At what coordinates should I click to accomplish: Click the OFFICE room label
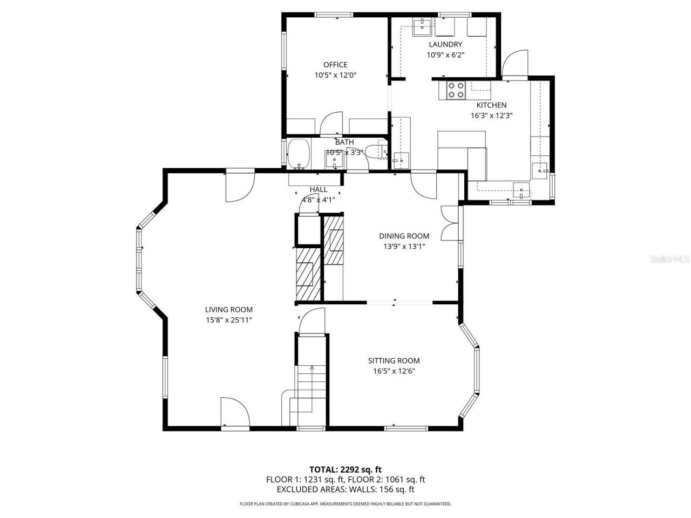[x=335, y=65]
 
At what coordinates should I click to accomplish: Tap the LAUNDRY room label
[x=445, y=44]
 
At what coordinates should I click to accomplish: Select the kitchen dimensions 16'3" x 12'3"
[x=491, y=115]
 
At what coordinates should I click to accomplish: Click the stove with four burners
[x=455, y=90]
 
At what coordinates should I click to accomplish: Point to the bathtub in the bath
[x=298, y=153]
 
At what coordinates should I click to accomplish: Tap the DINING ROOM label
[x=404, y=236]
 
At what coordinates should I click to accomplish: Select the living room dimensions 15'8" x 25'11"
[x=228, y=320]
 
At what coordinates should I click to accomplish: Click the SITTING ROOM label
[x=394, y=360]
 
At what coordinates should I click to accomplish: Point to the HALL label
[x=319, y=189]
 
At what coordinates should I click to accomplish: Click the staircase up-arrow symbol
[x=312, y=367]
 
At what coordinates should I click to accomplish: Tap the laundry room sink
[x=422, y=25]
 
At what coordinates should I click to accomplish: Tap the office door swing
[x=331, y=124]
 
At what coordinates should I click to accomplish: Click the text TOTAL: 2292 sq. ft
[x=345, y=469]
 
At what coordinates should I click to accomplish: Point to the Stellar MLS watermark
[x=669, y=259]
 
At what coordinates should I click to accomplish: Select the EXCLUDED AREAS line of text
[x=345, y=489]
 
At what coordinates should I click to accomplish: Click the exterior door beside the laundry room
[x=514, y=64]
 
